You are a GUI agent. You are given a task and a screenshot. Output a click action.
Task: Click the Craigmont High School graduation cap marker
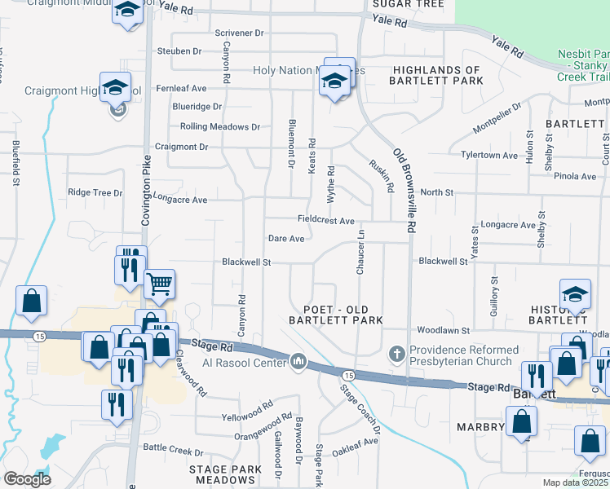point(115,87)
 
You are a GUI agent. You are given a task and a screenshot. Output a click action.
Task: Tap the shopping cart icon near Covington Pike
point(159,284)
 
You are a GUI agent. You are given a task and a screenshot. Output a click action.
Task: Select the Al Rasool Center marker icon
point(298,361)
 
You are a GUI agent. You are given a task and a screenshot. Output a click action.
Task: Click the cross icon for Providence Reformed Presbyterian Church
point(397,355)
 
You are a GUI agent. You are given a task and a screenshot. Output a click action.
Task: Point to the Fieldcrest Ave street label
point(325,221)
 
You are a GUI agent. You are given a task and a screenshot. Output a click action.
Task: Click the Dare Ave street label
point(286,239)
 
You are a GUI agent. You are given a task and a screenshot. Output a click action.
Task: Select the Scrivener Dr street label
point(240,33)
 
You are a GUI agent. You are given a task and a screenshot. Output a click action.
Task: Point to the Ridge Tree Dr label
point(95,193)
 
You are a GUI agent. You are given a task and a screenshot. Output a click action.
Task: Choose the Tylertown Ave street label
point(489,155)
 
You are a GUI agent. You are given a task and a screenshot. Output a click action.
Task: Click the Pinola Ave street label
point(575,176)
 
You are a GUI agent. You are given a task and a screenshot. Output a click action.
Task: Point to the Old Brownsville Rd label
point(405,188)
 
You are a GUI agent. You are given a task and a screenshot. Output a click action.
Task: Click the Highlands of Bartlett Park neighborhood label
point(435,76)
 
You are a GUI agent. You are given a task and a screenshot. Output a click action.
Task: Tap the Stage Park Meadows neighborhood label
point(225,475)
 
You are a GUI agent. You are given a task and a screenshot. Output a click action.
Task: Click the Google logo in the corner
point(26,479)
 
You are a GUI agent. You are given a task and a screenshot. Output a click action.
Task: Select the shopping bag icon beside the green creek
point(30,301)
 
